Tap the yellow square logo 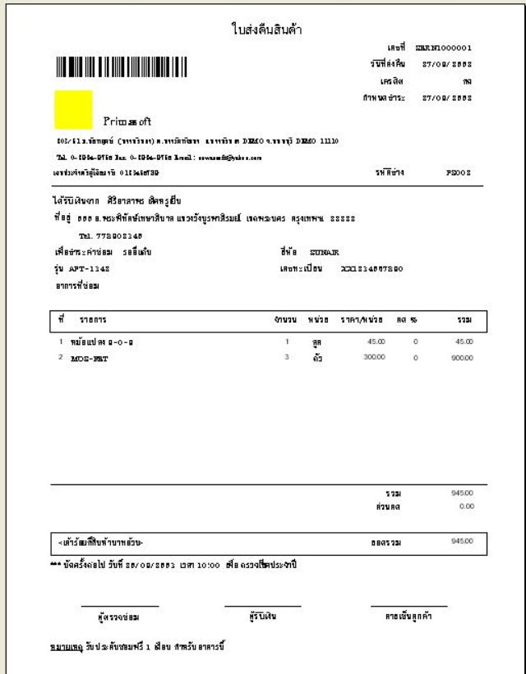(73, 109)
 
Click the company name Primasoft (127, 122)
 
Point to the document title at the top (268, 30)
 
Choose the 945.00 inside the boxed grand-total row (462, 542)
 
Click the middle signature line (262, 607)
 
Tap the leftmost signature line (121, 607)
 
